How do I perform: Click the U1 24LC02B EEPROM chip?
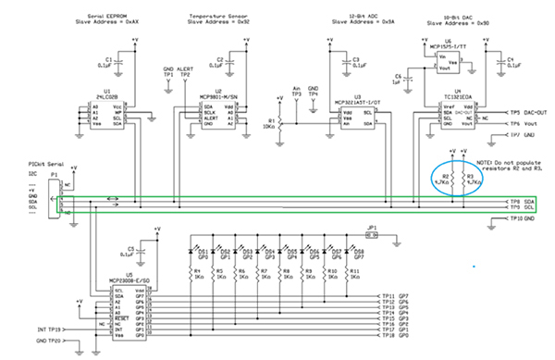point(109,116)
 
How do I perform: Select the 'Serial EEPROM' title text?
point(117,16)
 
